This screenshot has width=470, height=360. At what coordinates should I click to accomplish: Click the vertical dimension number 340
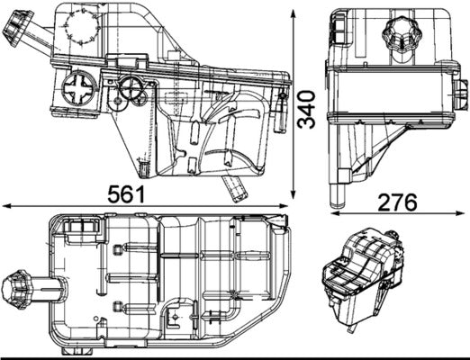310,108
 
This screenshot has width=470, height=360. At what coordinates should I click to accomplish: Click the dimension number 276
397,202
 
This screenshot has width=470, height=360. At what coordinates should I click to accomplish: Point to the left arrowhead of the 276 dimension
332,214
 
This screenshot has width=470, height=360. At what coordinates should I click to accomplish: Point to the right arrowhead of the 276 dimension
464,214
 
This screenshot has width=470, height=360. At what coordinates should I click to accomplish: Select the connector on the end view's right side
461,93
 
